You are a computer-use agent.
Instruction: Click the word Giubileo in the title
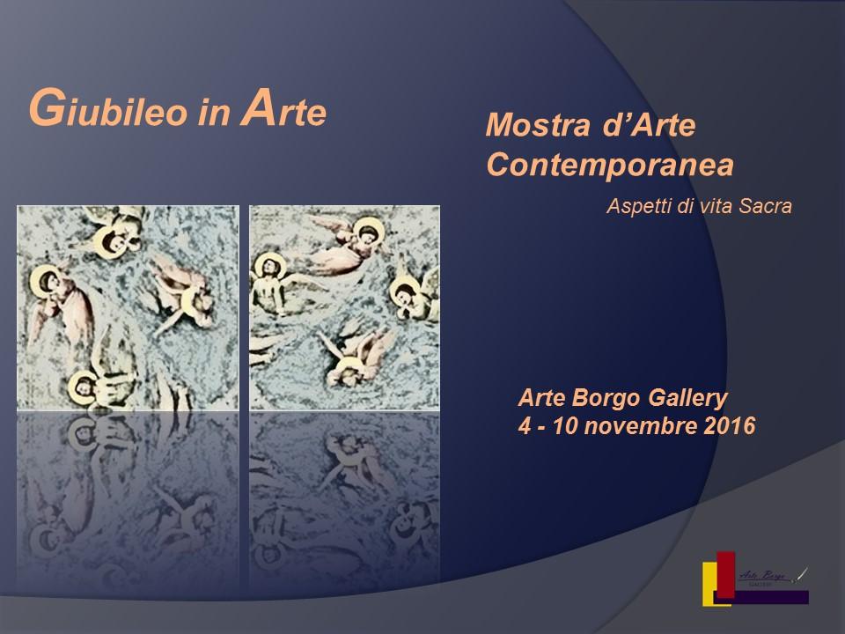(x=99, y=112)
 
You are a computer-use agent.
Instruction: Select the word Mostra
(x=528, y=126)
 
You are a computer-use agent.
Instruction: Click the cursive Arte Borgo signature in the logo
(x=762, y=574)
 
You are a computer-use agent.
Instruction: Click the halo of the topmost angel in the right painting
(x=365, y=235)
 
